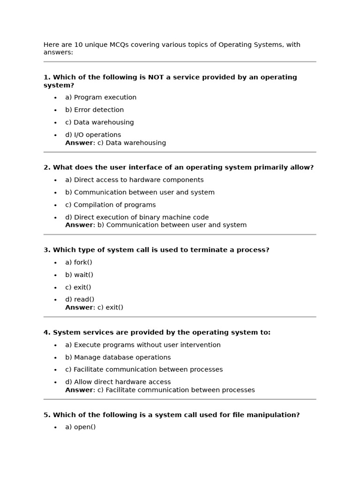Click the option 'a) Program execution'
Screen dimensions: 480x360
click(x=101, y=97)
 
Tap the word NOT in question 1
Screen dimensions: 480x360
click(x=156, y=77)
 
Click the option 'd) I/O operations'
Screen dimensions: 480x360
click(x=93, y=135)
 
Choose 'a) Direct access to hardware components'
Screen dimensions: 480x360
click(x=134, y=180)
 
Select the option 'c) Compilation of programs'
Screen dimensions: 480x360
click(x=110, y=205)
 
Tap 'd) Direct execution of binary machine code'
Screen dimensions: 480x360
click(x=137, y=217)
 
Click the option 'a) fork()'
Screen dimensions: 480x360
click(x=78, y=262)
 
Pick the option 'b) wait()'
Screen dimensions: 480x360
click(x=79, y=275)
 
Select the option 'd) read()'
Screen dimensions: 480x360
click(x=80, y=300)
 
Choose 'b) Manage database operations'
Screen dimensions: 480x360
click(x=118, y=357)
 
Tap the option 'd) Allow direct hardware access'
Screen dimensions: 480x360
click(x=118, y=382)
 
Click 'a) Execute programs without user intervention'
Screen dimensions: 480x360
click(x=142, y=345)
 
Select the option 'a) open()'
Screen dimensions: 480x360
click(x=80, y=427)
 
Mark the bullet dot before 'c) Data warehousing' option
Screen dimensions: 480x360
click(x=55, y=123)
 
